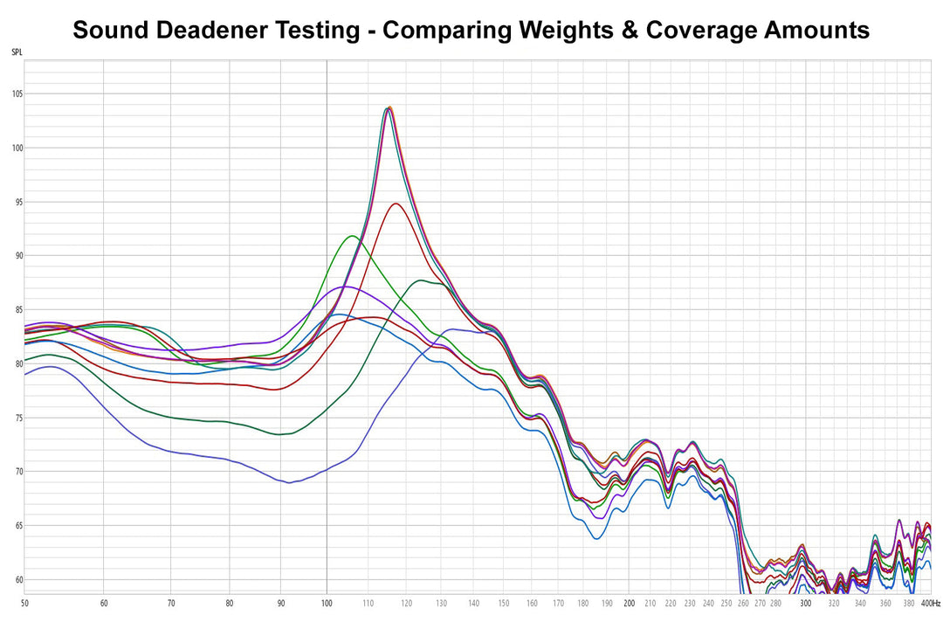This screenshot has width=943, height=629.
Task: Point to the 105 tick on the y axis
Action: coord(17,94)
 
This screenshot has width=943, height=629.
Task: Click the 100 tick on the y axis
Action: coord(17,149)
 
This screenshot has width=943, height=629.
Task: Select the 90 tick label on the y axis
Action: coord(17,256)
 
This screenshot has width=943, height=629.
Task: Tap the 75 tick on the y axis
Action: coord(17,418)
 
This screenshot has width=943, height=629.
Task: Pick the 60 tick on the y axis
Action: coord(17,579)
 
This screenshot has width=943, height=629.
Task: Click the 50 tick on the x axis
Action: coord(24,603)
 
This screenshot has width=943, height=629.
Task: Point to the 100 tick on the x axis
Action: coord(326,603)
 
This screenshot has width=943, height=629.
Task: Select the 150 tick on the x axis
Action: coord(504,603)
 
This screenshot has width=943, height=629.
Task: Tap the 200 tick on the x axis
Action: coord(629,603)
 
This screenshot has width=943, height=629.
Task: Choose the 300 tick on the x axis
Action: coord(806,603)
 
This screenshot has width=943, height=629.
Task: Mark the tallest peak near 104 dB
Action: coord(389,107)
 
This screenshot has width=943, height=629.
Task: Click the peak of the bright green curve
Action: coord(352,236)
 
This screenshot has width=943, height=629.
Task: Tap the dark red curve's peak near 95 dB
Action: coord(396,204)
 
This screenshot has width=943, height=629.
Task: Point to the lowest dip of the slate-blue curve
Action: coord(289,482)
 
